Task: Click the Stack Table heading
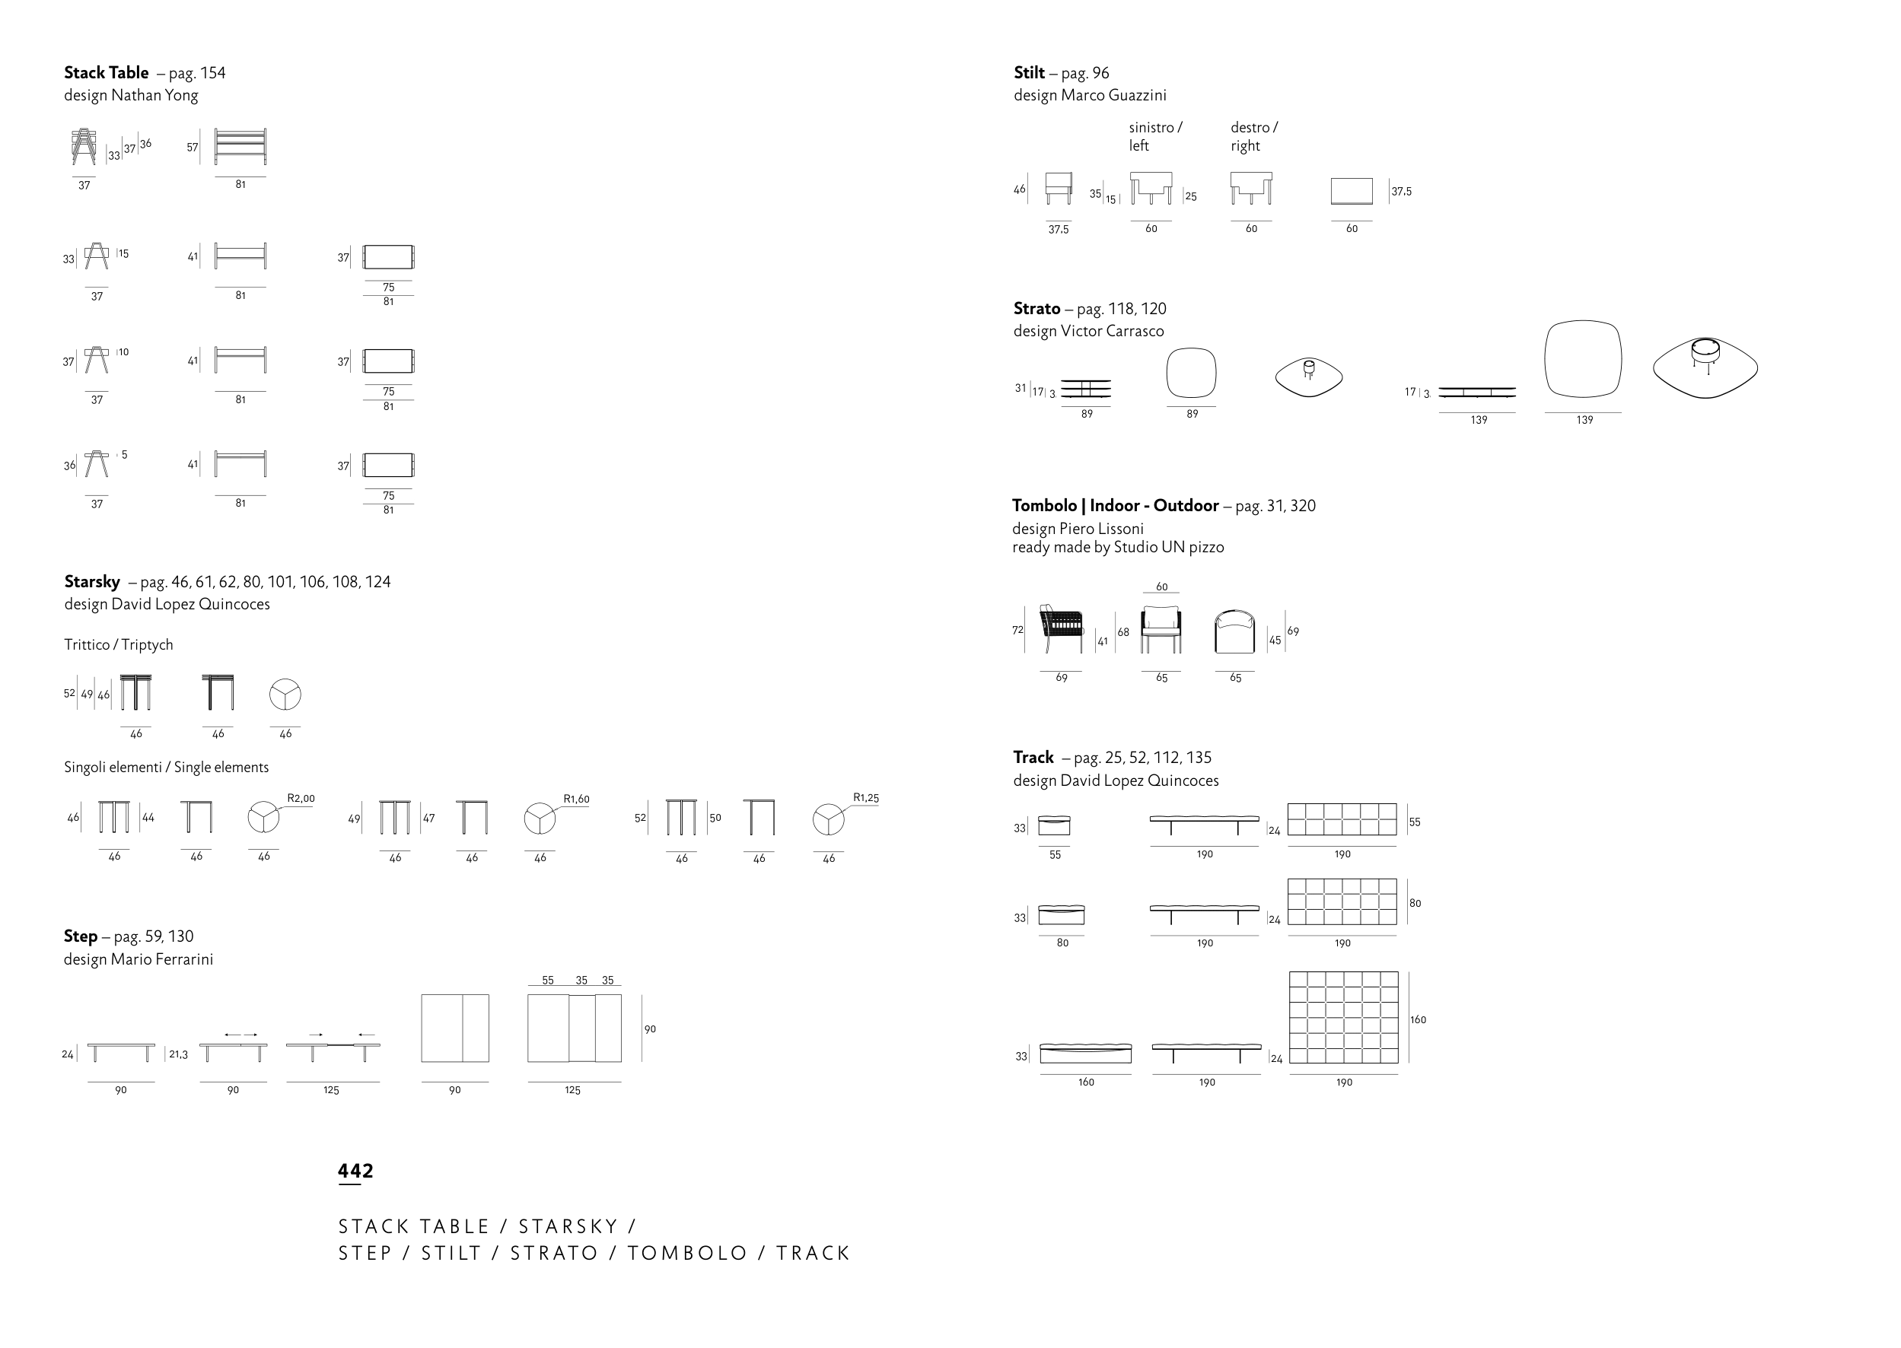107,73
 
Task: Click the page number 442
355,1172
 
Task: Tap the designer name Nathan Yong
154,95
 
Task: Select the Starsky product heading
92,582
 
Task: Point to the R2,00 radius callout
301,799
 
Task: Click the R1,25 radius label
866,798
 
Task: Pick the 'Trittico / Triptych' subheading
119,645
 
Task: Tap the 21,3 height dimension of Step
179,1055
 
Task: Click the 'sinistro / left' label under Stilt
1154,136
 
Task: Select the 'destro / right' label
1253,136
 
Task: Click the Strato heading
1036,309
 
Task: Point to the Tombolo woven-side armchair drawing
1062,630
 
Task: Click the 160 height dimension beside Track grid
1418,1020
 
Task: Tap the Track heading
1033,758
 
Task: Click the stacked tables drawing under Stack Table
84,148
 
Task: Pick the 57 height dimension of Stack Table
193,148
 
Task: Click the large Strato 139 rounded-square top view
1582,359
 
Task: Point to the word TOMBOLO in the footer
687,1254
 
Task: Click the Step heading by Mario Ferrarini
81,936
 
